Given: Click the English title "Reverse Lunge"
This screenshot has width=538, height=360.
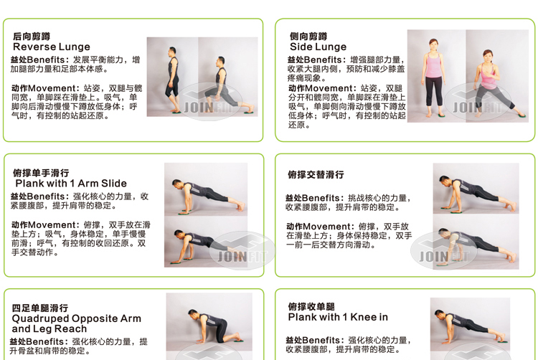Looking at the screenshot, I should pos(52,47).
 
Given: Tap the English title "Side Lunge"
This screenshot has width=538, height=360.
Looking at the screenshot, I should pos(318,47).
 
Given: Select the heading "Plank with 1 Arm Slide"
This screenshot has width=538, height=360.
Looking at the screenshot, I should pos(71,184).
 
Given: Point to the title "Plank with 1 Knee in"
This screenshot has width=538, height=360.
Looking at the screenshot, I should pos(338,317).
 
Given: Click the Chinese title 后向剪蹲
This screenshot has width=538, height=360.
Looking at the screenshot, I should pos(32,36).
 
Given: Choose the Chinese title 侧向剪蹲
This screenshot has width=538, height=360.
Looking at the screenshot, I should pos(308,36).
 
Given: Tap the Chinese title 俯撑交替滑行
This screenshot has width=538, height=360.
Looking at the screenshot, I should pos(316,174).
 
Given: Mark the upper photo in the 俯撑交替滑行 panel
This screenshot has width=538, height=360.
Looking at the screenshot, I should pos(475,189).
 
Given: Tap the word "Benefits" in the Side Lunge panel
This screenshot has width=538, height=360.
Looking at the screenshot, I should pos(326,60).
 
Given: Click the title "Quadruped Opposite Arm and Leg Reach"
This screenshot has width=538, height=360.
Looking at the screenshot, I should pos(77,323).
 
